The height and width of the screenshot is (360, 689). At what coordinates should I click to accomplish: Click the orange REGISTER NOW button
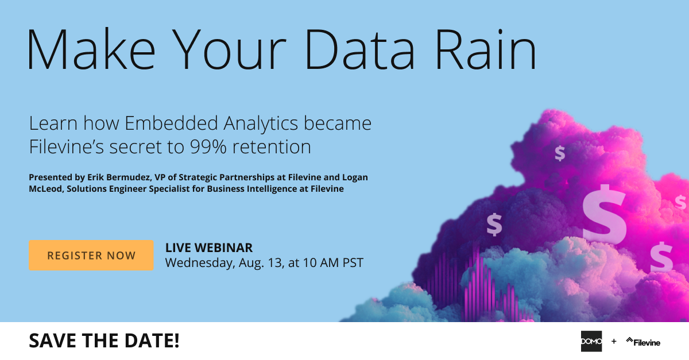click(91, 256)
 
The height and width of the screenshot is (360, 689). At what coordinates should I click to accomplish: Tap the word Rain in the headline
click(486, 49)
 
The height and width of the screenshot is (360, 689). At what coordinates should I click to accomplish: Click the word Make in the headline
click(91, 49)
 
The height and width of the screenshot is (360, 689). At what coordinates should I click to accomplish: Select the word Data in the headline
click(360, 50)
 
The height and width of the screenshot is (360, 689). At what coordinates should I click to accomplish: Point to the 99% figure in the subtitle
click(208, 146)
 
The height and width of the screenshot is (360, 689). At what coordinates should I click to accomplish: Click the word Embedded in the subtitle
click(171, 123)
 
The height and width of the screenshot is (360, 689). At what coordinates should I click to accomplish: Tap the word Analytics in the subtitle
click(261, 123)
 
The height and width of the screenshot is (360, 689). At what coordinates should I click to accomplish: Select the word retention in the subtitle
click(272, 146)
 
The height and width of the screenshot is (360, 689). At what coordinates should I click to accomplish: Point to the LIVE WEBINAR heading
click(209, 247)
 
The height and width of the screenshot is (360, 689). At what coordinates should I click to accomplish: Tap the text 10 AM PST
click(333, 263)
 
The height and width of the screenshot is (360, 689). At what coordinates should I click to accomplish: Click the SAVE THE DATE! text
click(104, 340)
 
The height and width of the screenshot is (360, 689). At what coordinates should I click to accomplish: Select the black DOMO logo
click(591, 341)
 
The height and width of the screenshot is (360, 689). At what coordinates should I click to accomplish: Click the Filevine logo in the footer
click(643, 342)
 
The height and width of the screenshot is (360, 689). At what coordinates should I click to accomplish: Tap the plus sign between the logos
click(614, 341)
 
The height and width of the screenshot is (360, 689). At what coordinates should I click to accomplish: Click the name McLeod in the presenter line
click(45, 189)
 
